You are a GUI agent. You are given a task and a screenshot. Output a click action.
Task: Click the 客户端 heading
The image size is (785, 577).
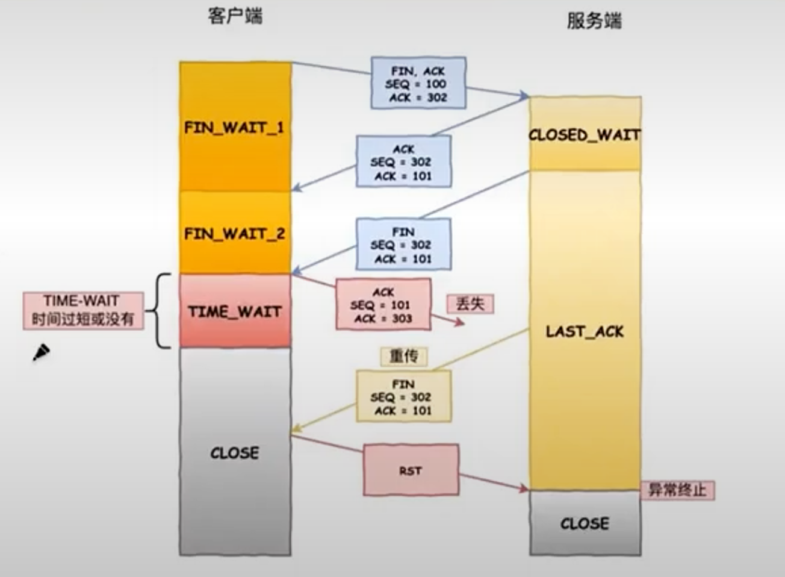(x=235, y=16)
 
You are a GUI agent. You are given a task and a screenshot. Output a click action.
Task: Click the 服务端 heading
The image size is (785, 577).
(x=594, y=21)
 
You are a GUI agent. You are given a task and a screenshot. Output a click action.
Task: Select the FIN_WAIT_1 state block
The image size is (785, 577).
(x=235, y=127)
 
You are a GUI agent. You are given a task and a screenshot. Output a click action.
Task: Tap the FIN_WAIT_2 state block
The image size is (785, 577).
(x=235, y=233)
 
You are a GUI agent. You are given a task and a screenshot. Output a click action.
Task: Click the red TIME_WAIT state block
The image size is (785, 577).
(x=235, y=311)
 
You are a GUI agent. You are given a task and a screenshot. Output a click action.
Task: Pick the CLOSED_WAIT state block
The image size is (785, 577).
(x=585, y=134)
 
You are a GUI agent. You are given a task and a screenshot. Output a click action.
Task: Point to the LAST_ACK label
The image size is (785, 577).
(x=585, y=331)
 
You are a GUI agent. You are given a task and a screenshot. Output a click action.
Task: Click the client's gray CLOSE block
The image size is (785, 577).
(x=235, y=452)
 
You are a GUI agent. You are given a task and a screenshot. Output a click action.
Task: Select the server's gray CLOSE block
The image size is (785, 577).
(x=585, y=523)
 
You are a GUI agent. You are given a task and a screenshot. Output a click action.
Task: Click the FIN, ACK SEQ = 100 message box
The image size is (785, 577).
(x=418, y=83)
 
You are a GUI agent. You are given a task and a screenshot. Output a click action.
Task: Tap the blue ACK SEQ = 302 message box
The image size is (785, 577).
(x=403, y=161)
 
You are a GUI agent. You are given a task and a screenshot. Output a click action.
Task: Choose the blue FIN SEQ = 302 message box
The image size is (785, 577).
(x=403, y=245)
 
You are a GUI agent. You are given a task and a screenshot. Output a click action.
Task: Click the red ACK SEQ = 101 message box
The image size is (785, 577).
(x=383, y=305)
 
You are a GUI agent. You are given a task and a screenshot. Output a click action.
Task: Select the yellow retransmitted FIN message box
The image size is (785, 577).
(x=403, y=396)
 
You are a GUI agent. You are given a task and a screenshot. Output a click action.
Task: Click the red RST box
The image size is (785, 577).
(x=411, y=470)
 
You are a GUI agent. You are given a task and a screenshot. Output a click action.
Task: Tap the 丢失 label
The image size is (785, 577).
(x=470, y=304)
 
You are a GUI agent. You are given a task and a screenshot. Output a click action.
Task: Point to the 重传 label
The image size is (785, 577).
(x=403, y=356)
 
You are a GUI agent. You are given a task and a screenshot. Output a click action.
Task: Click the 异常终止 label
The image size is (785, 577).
(x=677, y=490)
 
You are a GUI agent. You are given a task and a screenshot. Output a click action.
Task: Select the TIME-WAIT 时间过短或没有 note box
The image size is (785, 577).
(x=83, y=310)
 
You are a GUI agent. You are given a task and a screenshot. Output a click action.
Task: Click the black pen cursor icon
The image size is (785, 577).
(x=41, y=352)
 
